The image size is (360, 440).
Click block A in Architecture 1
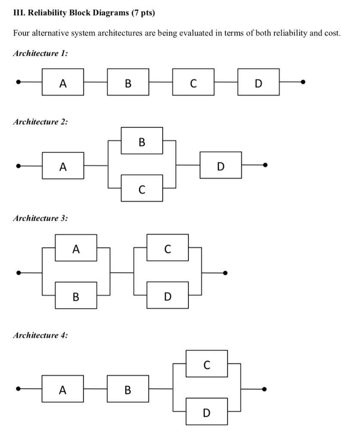click(x=63, y=82)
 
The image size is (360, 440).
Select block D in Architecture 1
click(x=258, y=82)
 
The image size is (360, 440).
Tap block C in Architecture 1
click(x=193, y=82)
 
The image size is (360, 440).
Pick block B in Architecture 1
click(x=128, y=82)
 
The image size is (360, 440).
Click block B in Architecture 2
click(x=142, y=141)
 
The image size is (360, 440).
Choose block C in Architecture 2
click(x=142, y=188)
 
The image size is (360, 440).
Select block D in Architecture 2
click(x=221, y=165)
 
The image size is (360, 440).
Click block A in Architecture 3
click(x=76, y=247)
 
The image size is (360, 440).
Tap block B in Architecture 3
click(x=76, y=296)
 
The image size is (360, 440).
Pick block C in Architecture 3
click(x=167, y=247)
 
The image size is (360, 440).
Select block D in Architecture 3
click(x=167, y=296)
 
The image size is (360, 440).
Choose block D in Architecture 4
click(x=207, y=412)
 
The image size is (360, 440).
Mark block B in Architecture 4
click(x=128, y=389)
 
